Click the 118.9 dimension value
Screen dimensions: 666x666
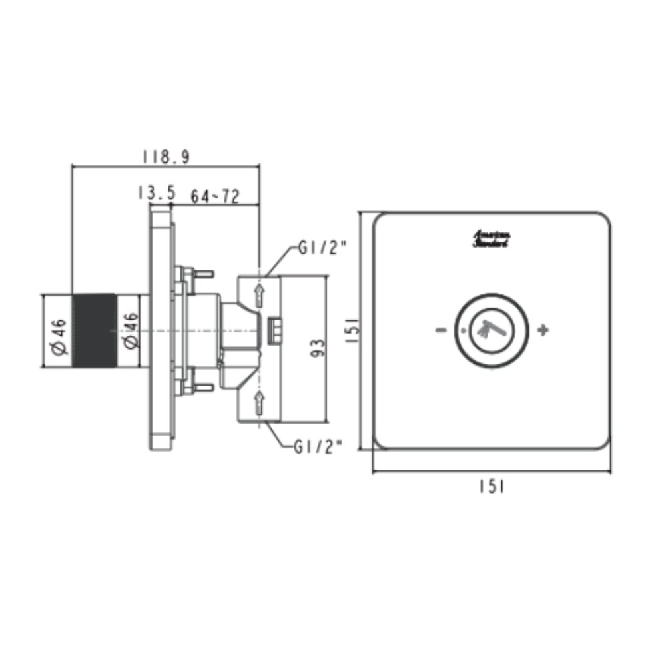click(166, 157)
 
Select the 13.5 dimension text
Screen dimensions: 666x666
click(156, 193)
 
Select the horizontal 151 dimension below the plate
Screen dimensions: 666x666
click(492, 487)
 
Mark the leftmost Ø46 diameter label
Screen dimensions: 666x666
click(59, 330)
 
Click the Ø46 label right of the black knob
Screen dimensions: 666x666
click(131, 330)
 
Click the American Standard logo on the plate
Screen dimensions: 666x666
click(492, 240)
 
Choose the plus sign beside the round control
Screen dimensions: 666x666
click(543, 330)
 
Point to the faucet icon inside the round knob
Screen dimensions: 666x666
click(492, 328)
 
